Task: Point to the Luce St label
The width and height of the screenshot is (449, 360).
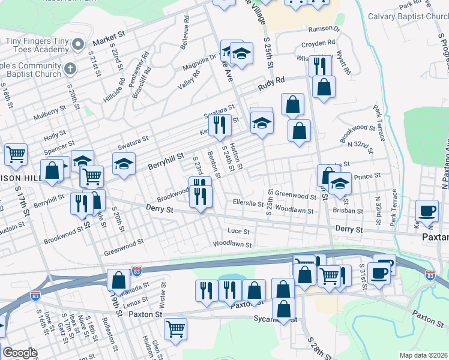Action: [238, 231]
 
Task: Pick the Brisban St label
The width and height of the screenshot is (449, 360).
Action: [349, 211]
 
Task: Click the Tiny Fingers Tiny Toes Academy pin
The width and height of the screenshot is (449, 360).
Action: [77, 44]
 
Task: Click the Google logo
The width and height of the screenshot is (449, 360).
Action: [20, 353]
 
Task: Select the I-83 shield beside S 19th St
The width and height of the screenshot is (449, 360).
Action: [137, 271]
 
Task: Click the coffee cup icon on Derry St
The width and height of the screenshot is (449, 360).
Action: [427, 211]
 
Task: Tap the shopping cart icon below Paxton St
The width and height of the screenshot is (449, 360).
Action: [175, 328]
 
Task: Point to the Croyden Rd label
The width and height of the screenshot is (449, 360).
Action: [318, 44]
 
